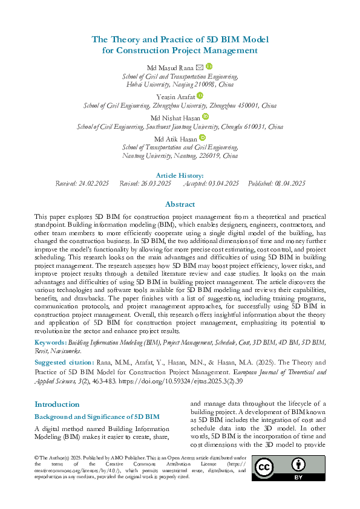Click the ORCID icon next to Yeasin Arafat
pyautogui.click(x=200, y=96)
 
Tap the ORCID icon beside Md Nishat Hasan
pyautogui.click(x=205, y=117)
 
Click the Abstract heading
pyautogui.click(x=180, y=204)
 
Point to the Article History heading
pyautogui.click(x=180, y=175)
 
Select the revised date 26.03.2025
pyautogui.click(x=155, y=183)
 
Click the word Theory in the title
pyautogui.click(x=128, y=39)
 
